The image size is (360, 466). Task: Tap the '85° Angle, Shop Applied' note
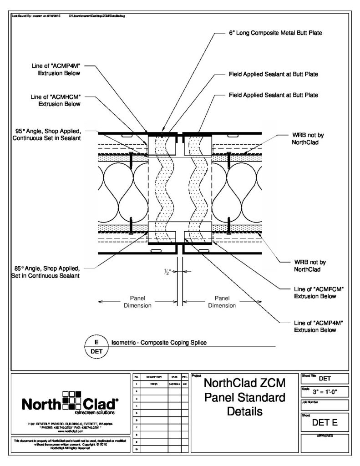(x=45, y=271)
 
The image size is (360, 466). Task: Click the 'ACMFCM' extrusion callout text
(x=316, y=293)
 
